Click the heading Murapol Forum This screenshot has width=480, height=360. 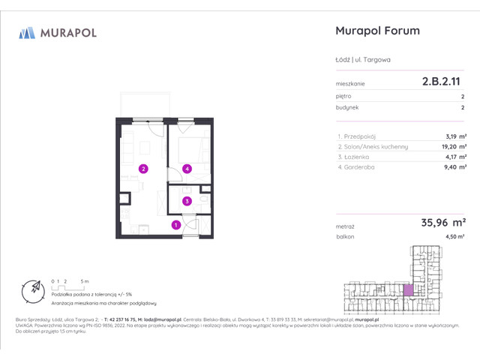376,31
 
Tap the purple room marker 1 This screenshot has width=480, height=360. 175,224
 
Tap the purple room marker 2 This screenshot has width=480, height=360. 142,169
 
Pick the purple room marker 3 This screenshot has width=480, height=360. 187,201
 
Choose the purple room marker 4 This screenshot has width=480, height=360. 187,169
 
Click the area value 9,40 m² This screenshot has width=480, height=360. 451,168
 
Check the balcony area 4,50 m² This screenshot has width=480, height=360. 454,236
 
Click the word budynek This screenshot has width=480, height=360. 349,107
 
